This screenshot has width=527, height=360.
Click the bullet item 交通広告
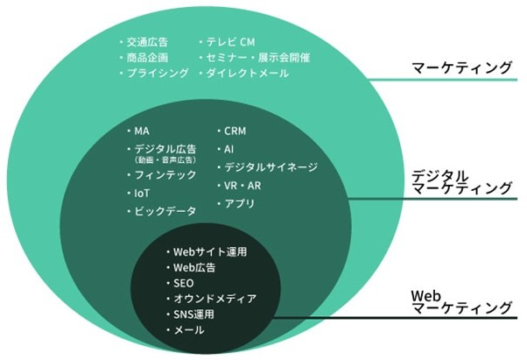147,42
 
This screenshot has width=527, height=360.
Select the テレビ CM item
230,42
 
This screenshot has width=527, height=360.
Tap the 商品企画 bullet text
147,58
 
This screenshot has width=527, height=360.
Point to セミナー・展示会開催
257,58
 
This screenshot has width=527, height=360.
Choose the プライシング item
158,73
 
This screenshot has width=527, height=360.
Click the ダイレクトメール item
248,73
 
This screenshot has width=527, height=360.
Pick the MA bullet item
142,131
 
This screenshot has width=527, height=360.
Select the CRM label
235,131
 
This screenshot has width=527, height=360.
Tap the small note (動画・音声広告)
165,159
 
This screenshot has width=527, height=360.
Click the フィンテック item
165,175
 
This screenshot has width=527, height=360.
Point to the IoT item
142,194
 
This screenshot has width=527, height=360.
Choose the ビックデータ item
165,211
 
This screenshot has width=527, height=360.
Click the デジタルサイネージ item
271,167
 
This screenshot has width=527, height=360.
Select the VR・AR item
242,186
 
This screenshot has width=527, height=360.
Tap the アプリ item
239,203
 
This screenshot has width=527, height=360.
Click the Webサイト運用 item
210,251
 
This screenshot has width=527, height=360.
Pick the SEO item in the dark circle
184,284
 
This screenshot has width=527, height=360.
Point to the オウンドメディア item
214,299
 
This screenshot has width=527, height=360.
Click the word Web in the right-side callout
425,296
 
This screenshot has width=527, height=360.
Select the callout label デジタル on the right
440,175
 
